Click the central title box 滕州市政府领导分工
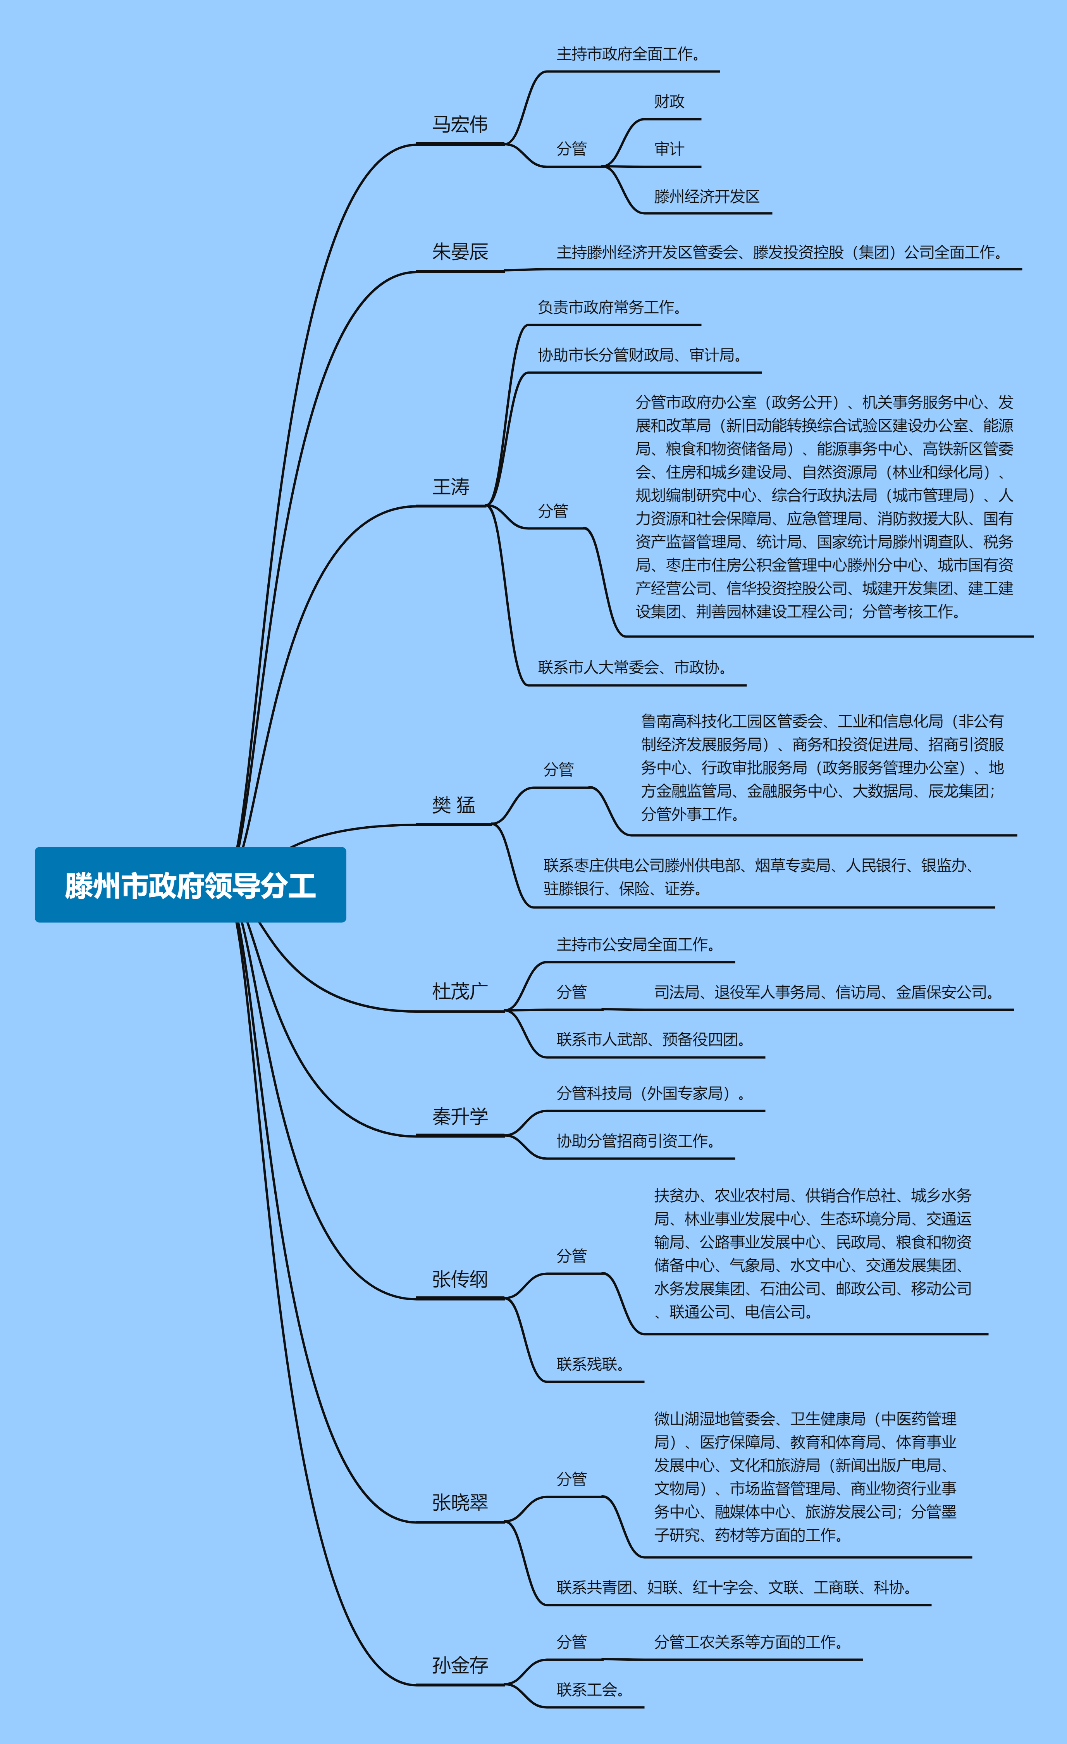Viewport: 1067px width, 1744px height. (190, 885)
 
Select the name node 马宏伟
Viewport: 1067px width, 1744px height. (460, 124)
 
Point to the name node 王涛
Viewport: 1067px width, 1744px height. (451, 486)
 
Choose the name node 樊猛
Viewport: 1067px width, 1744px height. (454, 805)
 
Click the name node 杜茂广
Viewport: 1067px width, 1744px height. (460, 991)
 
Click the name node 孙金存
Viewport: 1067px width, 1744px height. (460, 1665)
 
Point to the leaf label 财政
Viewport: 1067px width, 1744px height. (669, 101)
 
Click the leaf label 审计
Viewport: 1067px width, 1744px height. (669, 149)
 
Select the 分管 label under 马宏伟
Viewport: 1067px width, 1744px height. (572, 149)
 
